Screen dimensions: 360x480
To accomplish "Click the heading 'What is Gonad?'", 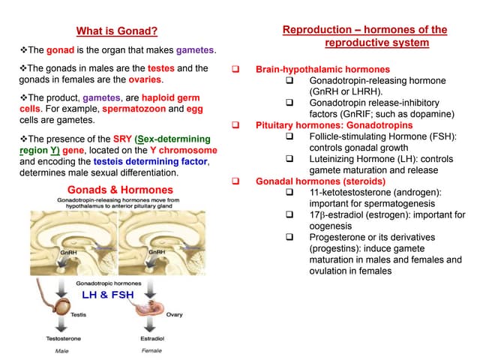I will click(117, 31).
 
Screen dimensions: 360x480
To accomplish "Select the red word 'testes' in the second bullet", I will click(161, 68).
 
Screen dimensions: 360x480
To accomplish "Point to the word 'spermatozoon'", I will click(129, 109).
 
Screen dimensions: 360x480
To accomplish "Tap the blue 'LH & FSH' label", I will click(107, 295).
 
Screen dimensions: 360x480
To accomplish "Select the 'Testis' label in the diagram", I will click(79, 315).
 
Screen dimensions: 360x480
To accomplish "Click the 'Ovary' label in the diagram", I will click(174, 315).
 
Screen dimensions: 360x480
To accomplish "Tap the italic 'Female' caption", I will click(151, 350).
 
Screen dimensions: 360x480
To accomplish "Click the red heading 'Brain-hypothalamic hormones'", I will click(322, 69).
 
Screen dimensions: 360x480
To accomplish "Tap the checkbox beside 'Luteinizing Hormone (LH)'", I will click(290, 159).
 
